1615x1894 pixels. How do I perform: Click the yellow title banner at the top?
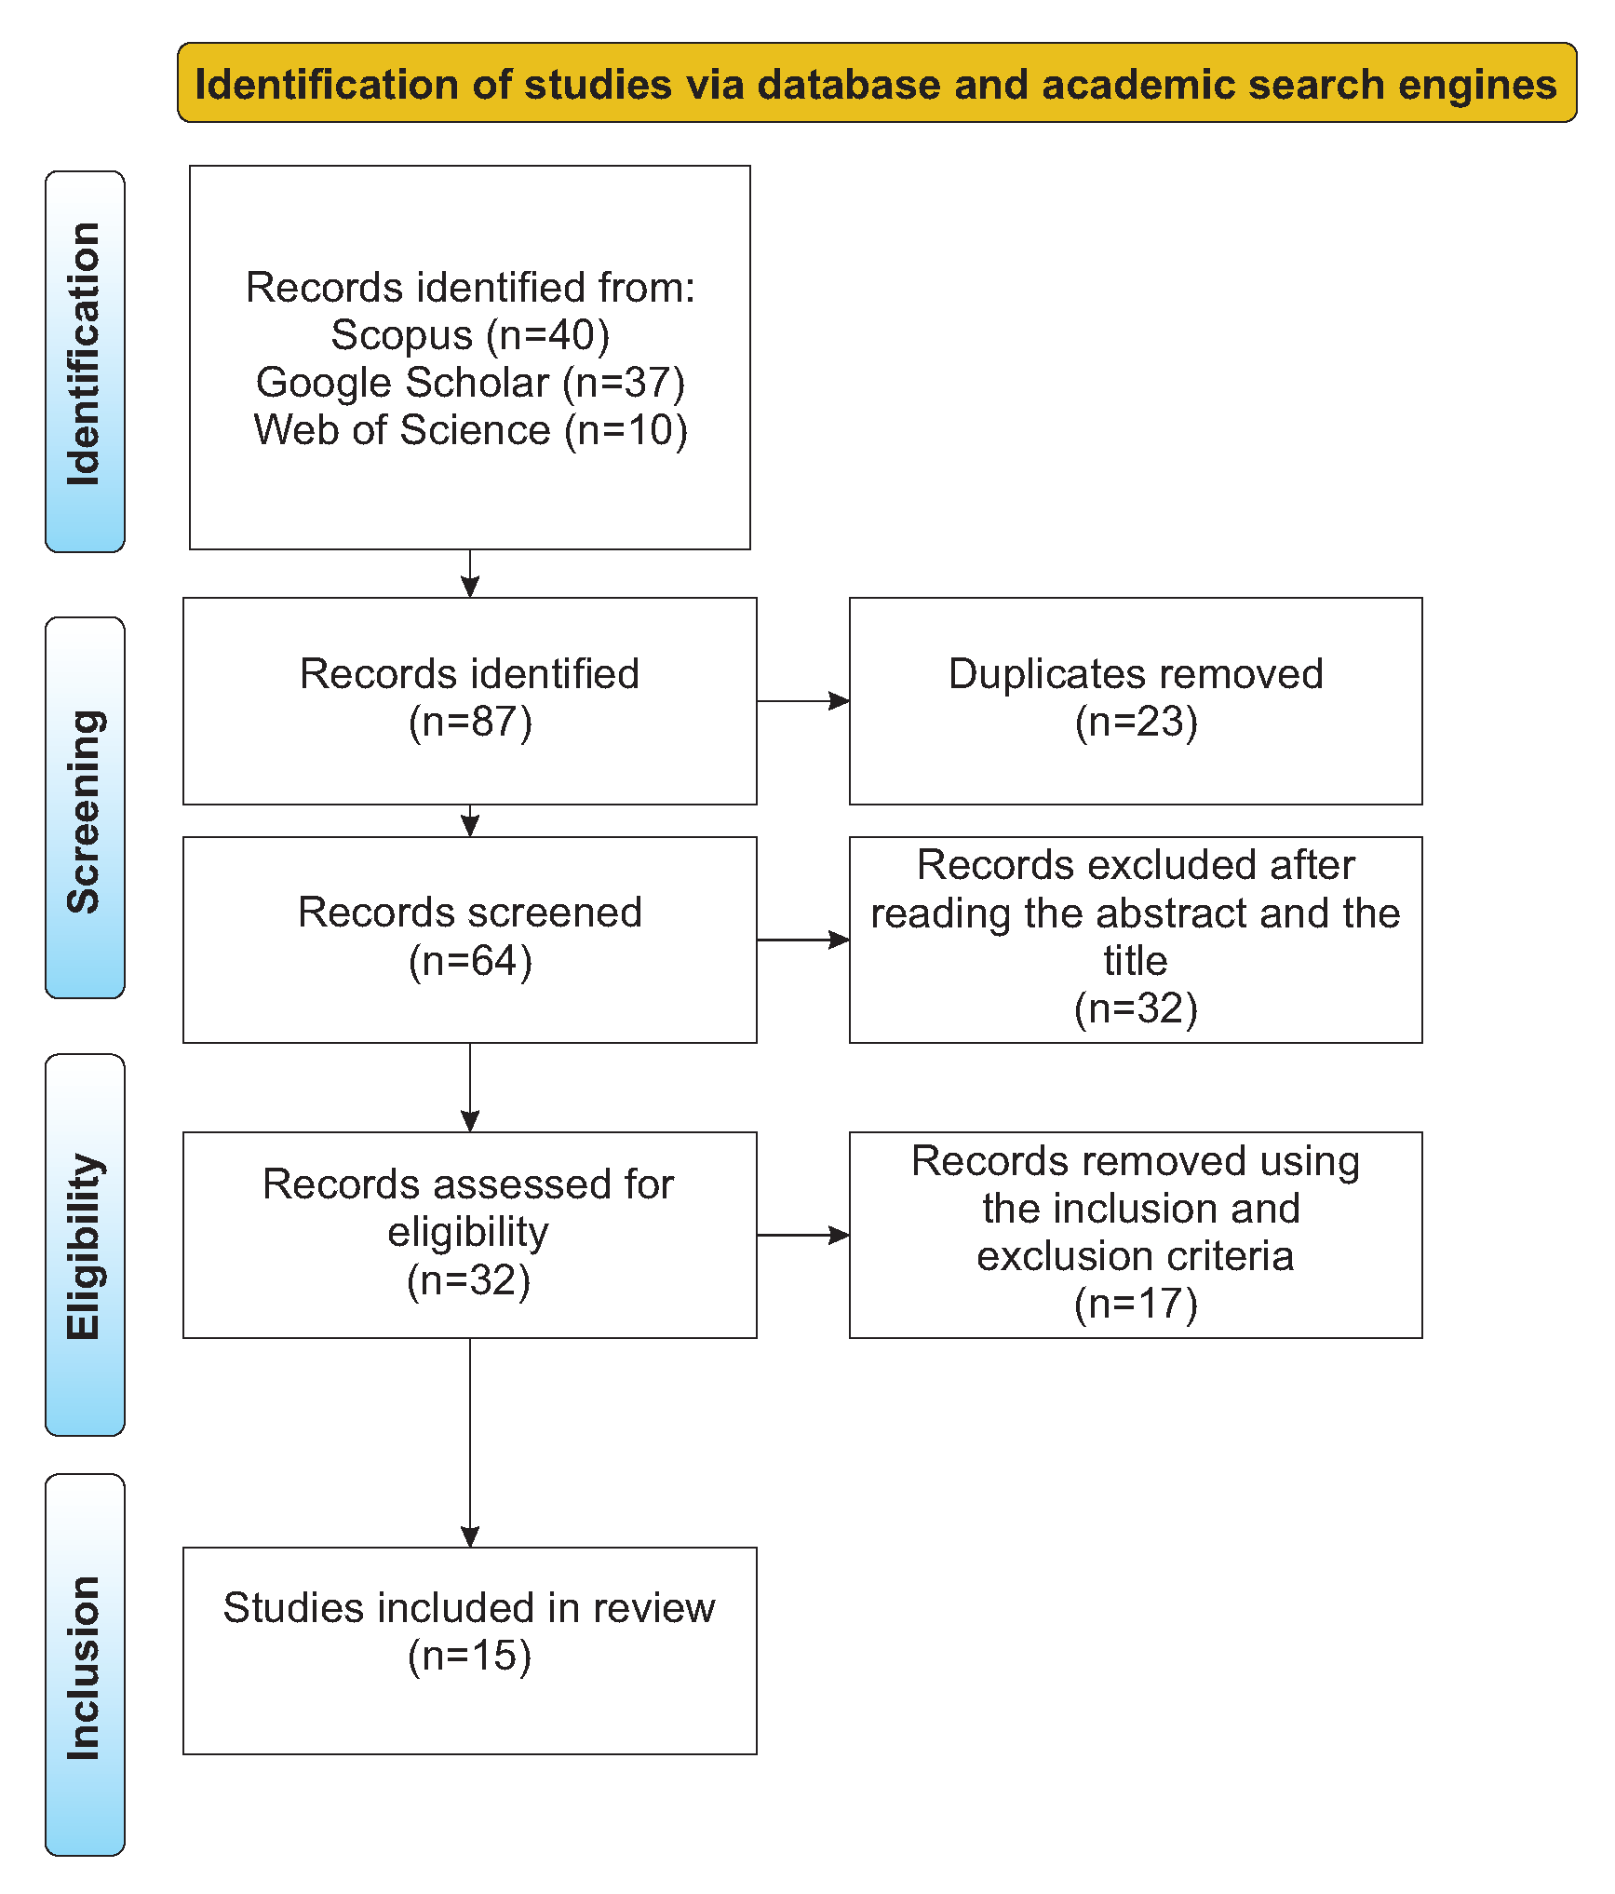coord(876,83)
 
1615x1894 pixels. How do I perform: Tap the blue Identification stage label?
coord(85,360)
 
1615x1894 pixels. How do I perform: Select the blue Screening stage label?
coord(85,807)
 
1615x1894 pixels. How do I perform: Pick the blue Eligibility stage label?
coord(85,1245)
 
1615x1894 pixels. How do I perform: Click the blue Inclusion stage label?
coord(85,1665)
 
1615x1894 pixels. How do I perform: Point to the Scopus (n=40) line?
coord(470,335)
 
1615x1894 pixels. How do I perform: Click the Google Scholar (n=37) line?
coord(470,383)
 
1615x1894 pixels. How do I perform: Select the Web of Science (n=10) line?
coord(470,430)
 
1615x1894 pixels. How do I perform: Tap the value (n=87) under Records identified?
coord(470,723)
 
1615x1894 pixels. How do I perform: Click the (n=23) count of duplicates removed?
coord(1136,723)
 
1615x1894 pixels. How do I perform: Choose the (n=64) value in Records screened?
coord(470,961)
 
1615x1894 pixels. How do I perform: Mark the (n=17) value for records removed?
coord(1136,1304)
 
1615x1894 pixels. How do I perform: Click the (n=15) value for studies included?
coord(470,1657)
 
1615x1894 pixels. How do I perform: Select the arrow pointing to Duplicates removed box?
coord(802,701)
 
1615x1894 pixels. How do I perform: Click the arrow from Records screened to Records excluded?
coord(802,940)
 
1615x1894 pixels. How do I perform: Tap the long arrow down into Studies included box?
coord(470,1443)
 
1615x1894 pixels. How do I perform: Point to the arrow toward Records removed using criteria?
coord(802,1236)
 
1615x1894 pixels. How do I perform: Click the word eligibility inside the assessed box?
coord(468,1233)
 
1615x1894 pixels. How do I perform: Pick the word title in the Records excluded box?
coord(1136,961)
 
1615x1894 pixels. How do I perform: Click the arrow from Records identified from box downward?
coord(470,574)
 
